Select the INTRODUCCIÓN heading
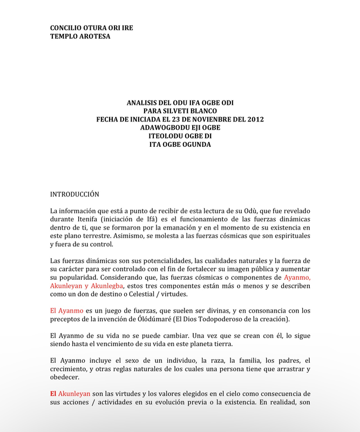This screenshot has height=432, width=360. [x=74, y=193]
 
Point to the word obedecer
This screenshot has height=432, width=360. [x=64, y=377]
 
